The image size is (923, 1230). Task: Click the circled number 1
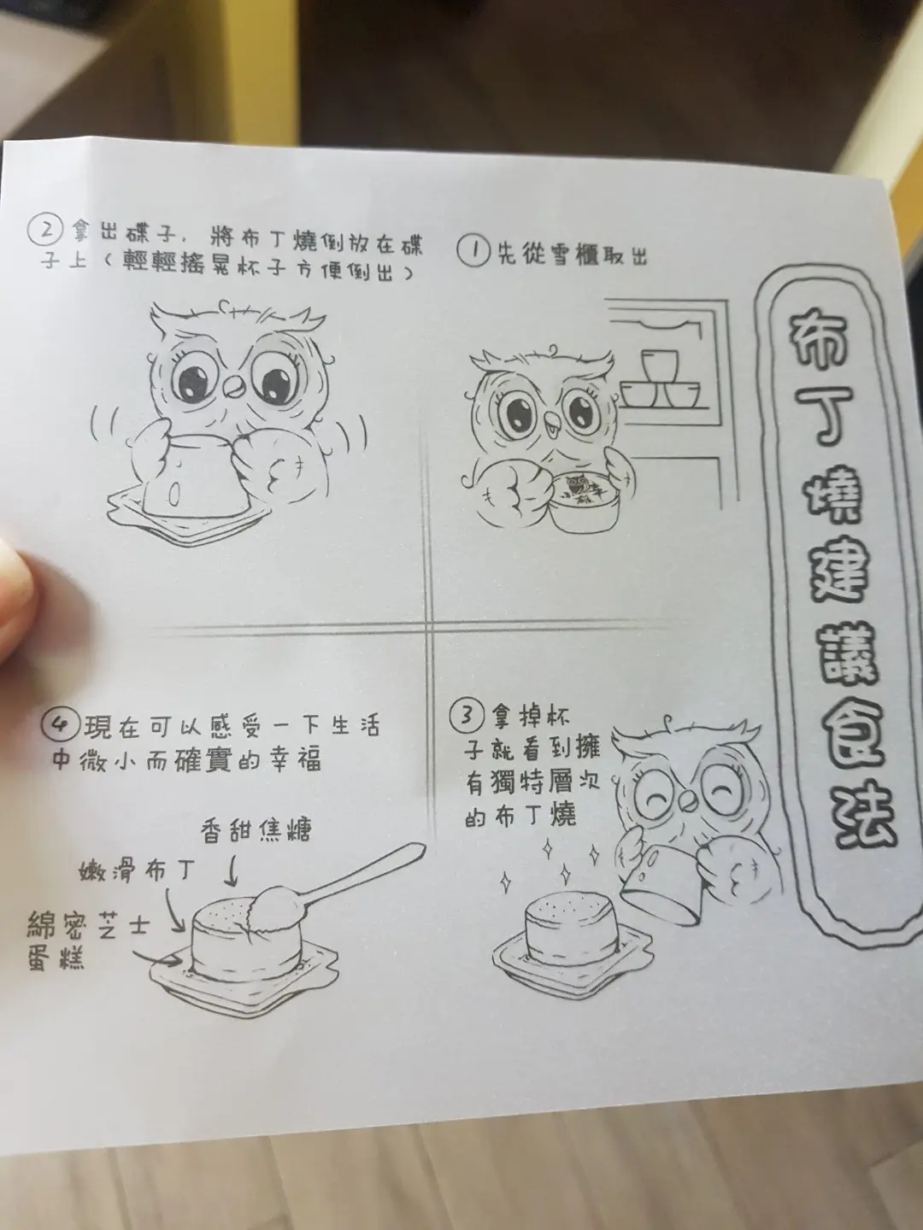(x=473, y=252)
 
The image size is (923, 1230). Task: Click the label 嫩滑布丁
(x=138, y=872)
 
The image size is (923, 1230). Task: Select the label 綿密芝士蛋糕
(x=88, y=942)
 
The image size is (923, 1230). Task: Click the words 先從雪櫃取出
(x=573, y=254)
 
